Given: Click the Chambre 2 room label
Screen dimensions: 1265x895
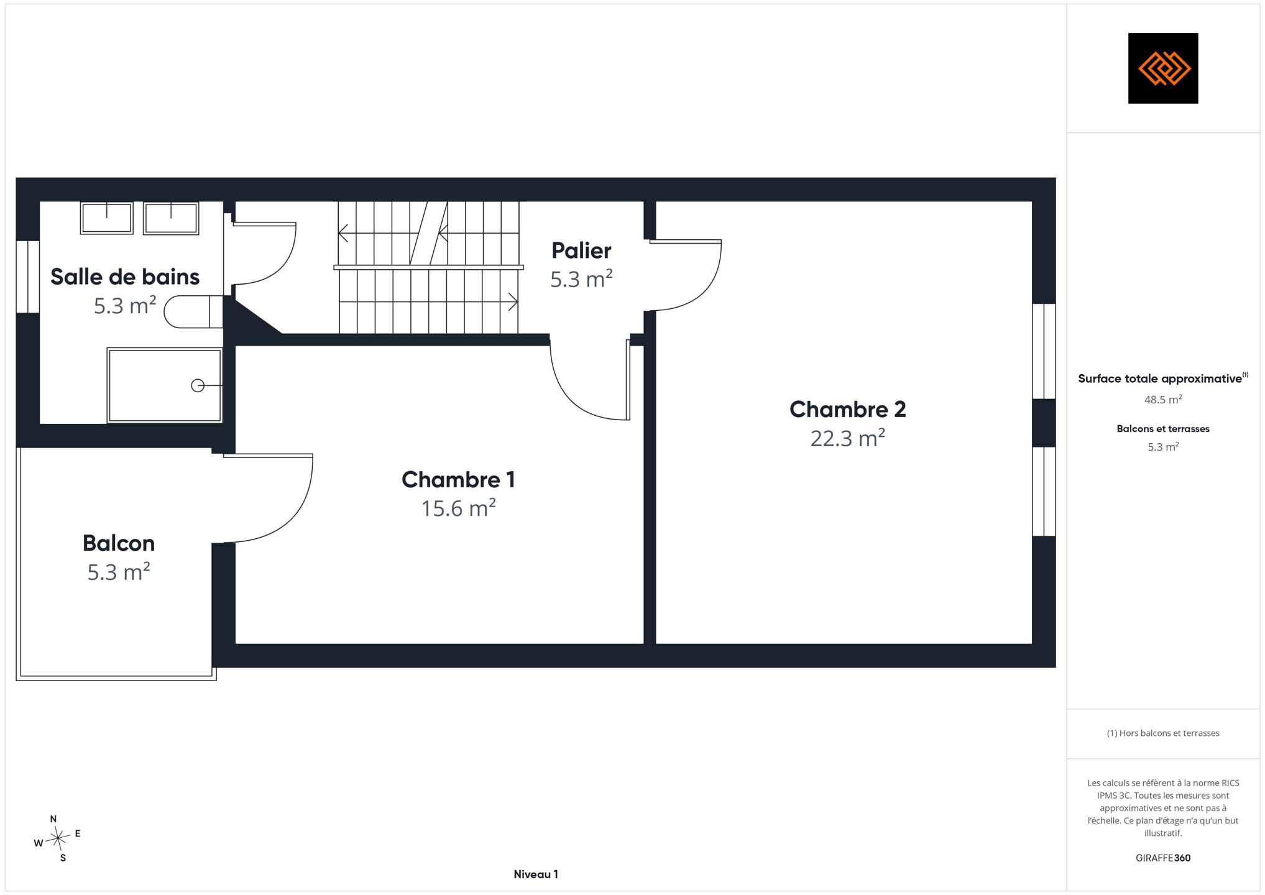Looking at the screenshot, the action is (847, 410).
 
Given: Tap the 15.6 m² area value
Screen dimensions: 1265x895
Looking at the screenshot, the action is (459, 508).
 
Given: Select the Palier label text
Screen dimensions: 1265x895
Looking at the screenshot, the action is (581, 250).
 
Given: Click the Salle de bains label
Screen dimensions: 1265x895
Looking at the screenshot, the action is (125, 277).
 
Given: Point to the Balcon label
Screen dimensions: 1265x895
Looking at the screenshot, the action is (119, 543).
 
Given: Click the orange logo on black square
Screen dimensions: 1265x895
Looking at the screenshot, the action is (1163, 68).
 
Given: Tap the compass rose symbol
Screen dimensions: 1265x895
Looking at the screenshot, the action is (57, 839).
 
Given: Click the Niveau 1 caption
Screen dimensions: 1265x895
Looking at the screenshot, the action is (536, 874).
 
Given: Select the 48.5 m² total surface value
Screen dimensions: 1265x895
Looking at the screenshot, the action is (1163, 400).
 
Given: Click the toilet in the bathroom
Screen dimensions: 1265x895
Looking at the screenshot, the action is (193, 311).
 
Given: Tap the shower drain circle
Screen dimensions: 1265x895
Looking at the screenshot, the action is (198, 386).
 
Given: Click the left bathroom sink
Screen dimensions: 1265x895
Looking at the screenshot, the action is (107, 218).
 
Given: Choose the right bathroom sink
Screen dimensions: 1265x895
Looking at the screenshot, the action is (171, 218).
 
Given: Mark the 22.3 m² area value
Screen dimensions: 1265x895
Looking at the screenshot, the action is (847, 438).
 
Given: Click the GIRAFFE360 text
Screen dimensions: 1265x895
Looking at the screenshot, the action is (1163, 858).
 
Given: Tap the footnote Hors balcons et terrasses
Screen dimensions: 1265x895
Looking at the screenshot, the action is (1163, 733).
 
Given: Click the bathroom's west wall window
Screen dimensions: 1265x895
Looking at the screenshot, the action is (27, 277).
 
